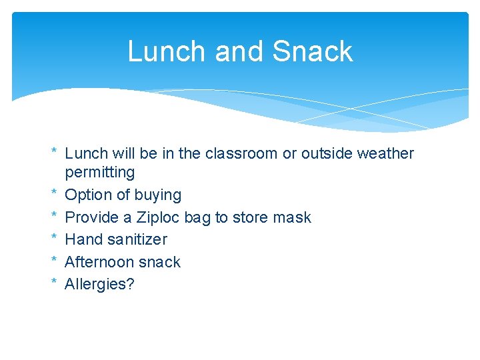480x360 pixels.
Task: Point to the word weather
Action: pyautogui.click(x=385, y=153)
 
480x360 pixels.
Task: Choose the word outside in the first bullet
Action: pyautogui.click(x=325, y=153)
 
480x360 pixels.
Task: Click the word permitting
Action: pyautogui.click(x=99, y=173)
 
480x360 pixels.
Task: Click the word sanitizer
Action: pyautogui.click(x=136, y=239)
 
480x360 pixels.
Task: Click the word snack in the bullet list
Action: pyautogui.click(x=159, y=262)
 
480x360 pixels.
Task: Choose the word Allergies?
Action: pyautogui.click(x=99, y=284)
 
